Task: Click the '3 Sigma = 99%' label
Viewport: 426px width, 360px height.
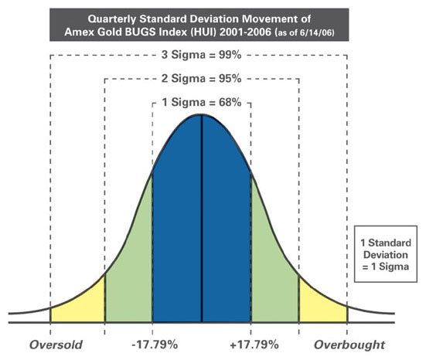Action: click(201, 55)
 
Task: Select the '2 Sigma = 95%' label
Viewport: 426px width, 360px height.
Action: click(201, 79)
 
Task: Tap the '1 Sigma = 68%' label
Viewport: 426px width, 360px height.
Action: click(202, 102)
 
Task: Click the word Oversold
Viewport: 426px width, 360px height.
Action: click(56, 345)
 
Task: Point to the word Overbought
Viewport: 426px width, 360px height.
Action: click(349, 345)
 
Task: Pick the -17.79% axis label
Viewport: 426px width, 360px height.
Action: click(155, 345)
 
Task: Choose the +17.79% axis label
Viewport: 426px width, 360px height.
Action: click(254, 345)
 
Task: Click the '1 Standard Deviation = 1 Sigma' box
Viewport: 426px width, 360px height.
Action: click(386, 254)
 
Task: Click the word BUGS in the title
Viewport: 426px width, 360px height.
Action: click(140, 32)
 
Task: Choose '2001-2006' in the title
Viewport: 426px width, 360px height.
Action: click(245, 32)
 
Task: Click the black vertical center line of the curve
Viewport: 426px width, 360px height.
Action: click(202, 219)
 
